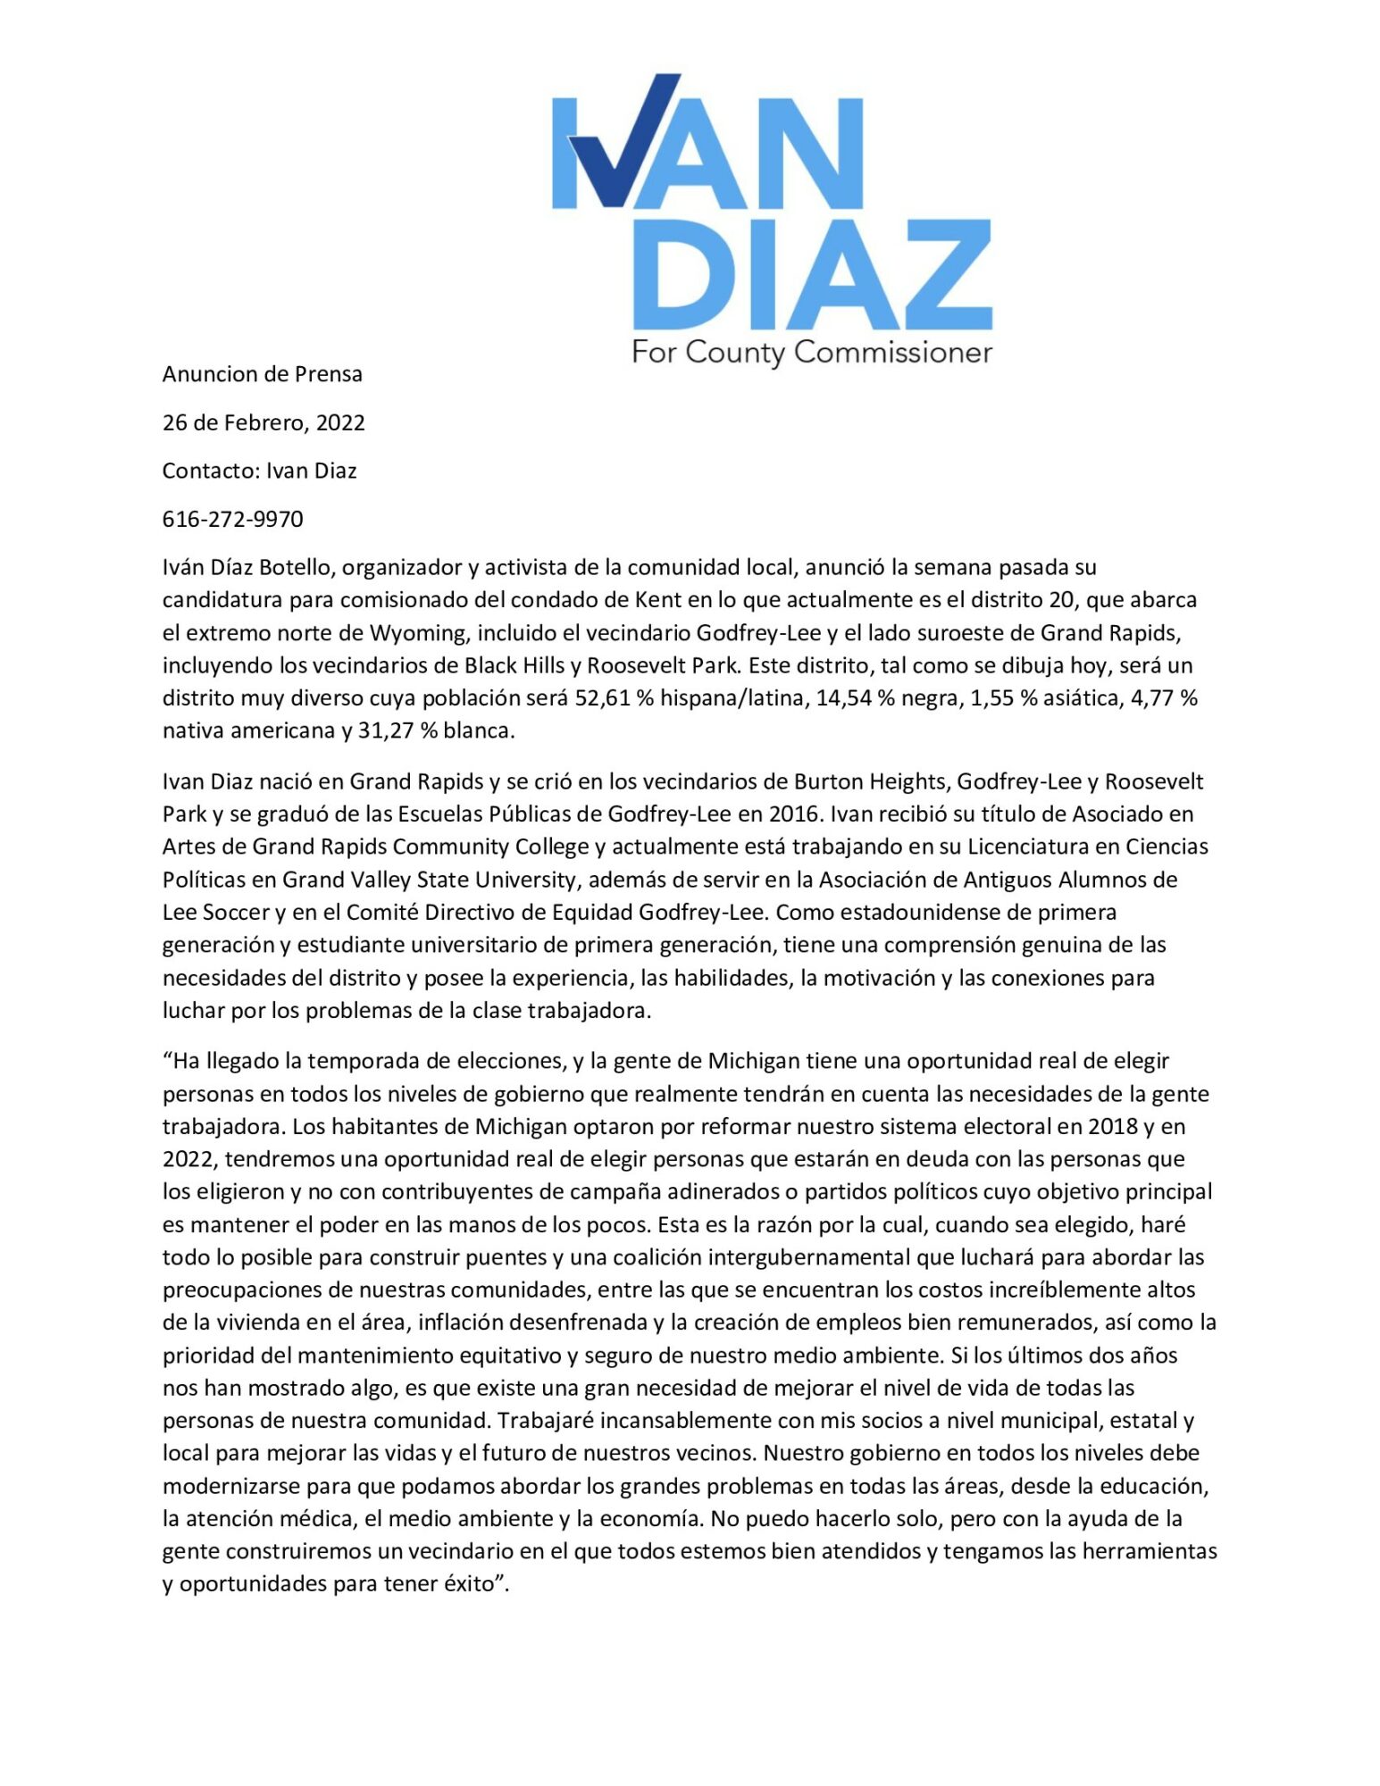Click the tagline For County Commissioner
click(811, 352)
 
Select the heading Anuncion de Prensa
click(262, 374)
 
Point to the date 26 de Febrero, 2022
click(263, 422)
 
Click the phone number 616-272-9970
click(232, 519)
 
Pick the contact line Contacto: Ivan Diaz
click(259, 471)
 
